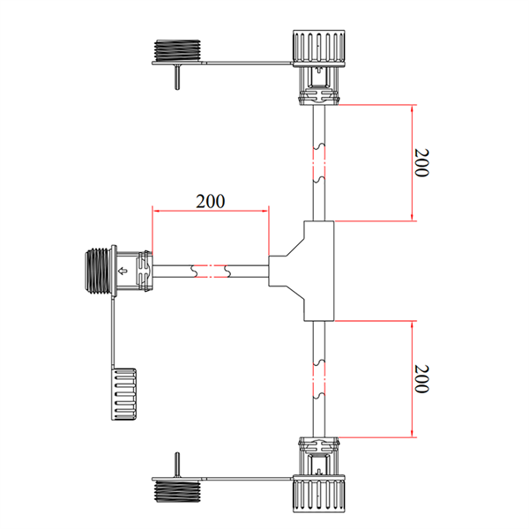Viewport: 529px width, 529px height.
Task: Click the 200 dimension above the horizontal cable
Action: pyautogui.click(x=210, y=200)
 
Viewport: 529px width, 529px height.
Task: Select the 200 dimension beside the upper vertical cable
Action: pyautogui.click(x=421, y=163)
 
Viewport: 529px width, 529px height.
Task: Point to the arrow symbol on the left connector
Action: pyautogui.click(x=123, y=271)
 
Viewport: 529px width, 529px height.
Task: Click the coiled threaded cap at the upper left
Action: pyautogui.click(x=178, y=50)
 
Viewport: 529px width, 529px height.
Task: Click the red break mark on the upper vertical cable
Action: pyautogui.click(x=319, y=160)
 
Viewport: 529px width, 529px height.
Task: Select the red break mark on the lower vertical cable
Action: pyautogui.click(x=319, y=380)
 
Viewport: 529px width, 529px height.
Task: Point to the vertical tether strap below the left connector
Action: pyautogui.click(x=112, y=331)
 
